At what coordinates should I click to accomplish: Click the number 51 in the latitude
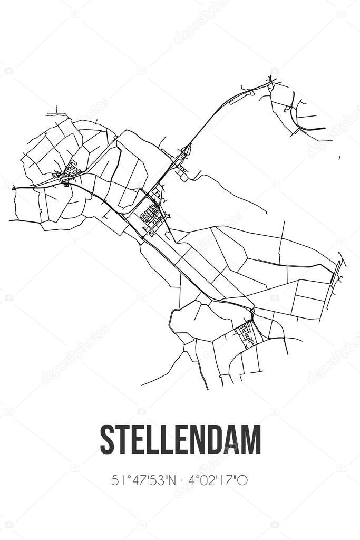(x=119, y=480)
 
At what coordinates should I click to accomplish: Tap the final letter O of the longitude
(x=243, y=480)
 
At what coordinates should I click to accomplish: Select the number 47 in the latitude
(x=135, y=480)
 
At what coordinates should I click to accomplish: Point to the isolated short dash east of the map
(x=339, y=158)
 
